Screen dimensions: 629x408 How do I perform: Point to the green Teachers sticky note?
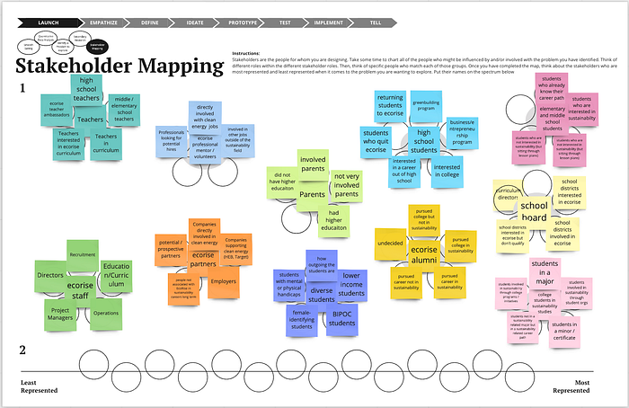tap(89, 118)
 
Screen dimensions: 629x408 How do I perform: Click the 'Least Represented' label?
tap(40, 387)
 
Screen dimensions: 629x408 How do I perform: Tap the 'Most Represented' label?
tap(571, 387)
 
